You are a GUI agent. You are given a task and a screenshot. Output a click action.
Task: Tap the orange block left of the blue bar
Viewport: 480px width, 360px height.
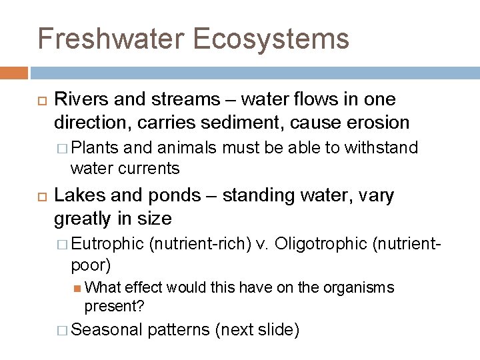14,73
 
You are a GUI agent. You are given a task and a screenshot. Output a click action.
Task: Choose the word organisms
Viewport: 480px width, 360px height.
359,287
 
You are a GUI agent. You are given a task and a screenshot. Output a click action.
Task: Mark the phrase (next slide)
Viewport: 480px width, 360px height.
257,329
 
